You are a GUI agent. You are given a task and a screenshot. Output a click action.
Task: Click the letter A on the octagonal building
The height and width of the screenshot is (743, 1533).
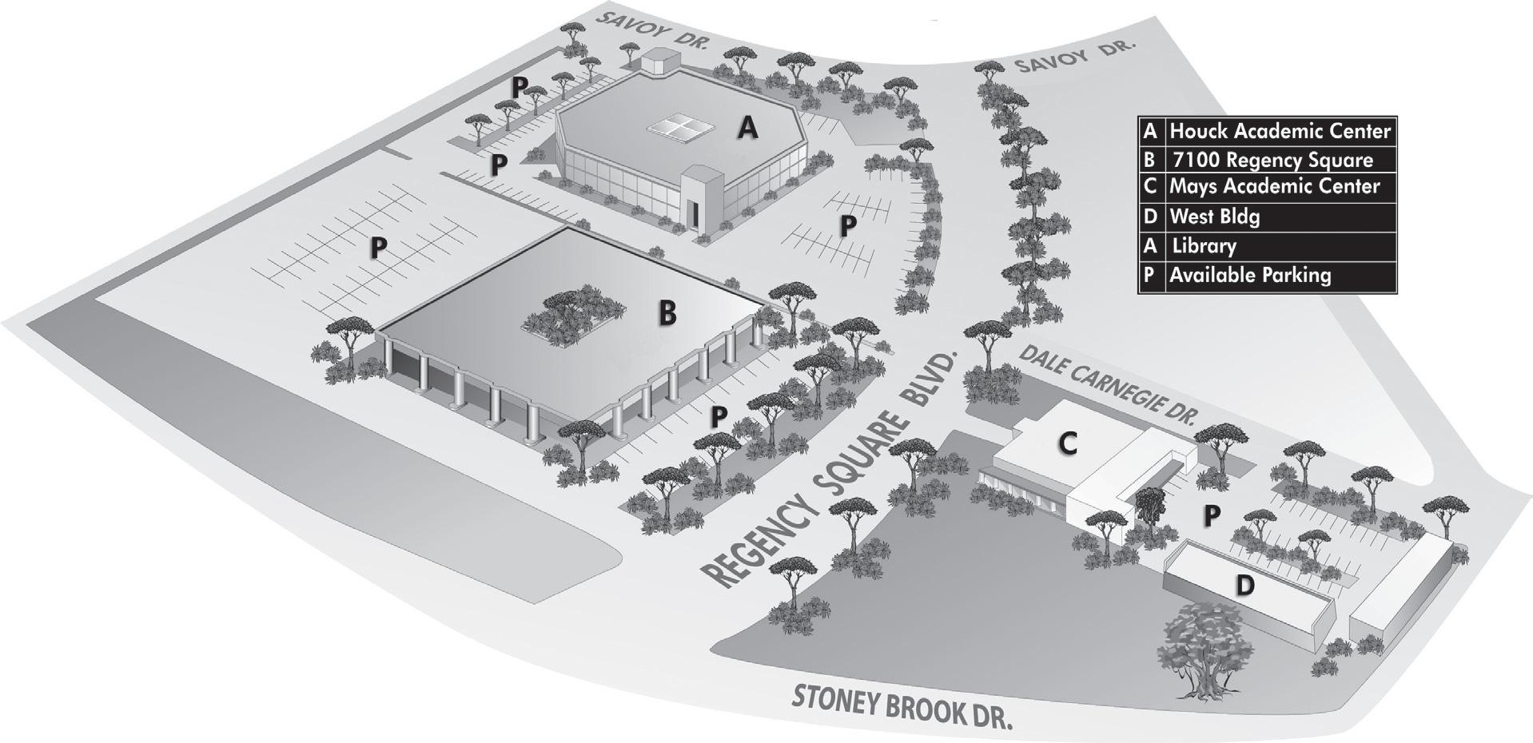[747, 128]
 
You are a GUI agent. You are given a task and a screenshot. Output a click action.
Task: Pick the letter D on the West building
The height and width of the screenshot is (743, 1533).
[1244, 586]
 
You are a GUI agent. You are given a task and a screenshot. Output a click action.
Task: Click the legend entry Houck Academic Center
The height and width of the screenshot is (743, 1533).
[1279, 130]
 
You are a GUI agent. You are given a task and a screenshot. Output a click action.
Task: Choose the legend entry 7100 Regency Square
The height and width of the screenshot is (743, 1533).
[1271, 160]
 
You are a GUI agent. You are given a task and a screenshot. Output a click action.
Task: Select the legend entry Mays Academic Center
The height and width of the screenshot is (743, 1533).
[1274, 187]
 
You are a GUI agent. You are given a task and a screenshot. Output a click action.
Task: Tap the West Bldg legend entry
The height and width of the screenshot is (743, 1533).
[1214, 217]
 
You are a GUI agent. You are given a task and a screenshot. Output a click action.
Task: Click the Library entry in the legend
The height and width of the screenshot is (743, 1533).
[1203, 246]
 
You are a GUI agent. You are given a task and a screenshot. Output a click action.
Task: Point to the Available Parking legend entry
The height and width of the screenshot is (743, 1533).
[1250, 276]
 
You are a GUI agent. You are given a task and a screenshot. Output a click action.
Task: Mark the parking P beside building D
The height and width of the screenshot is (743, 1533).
[1212, 516]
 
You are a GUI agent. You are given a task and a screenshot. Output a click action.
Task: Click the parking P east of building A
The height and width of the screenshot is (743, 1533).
[848, 227]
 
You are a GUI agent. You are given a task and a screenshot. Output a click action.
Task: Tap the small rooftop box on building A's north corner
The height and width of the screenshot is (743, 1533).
[660, 61]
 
